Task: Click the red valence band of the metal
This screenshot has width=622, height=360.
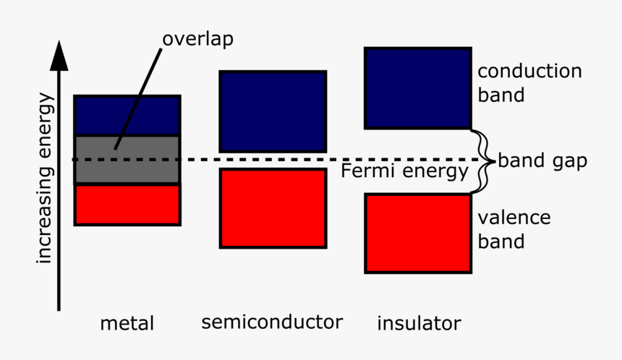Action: pyautogui.click(x=127, y=205)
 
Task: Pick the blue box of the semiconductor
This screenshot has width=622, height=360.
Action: pyautogui.click(x=273, y=111)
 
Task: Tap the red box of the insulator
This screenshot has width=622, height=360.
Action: pyautogui.click(x=418, y=233)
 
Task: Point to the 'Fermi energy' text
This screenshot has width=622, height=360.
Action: pyautogui.click(x=404, y=172)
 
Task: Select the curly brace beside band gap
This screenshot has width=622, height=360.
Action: pyautogui.click(x=484, y=160)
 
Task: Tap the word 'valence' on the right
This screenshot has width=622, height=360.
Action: pyautogui.click(x=514, y=218)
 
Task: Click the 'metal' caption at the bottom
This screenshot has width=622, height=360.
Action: pyautogui.click(x=127, y=322)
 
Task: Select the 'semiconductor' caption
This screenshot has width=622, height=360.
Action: pyautogui.click(x=273, y=321)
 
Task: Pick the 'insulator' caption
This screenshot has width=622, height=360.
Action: pyautogui.click(x=419, y=322)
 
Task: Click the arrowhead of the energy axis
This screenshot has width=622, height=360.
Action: pyautogui.click(x=59, y=58)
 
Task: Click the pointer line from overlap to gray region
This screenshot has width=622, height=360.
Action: pyautogui.click(x=137, y=94)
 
